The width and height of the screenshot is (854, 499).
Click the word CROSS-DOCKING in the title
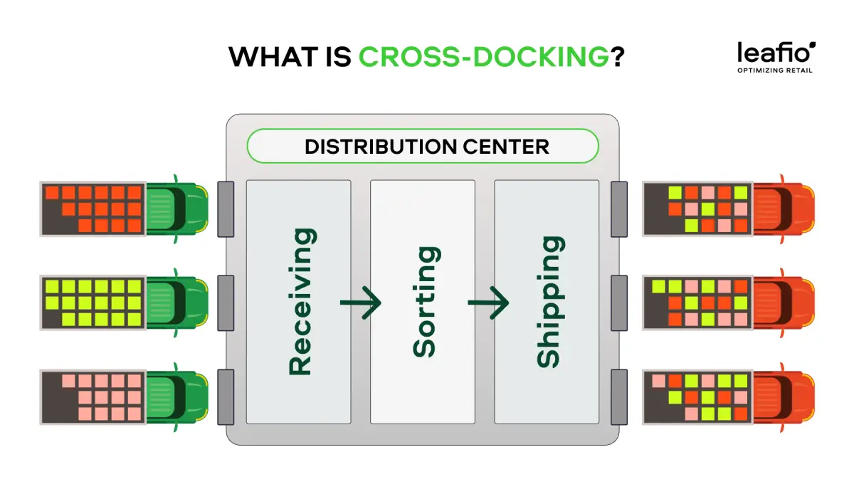pos(483,57)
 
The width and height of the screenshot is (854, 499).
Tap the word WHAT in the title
pos(273,57)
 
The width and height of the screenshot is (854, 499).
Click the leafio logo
pos(776,52)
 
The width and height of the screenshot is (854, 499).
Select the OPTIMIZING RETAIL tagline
pos(775,70)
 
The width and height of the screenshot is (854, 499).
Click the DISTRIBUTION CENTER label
pos(427,147)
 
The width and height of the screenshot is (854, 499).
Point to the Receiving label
pos(302,302)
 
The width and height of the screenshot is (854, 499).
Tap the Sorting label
pos(426,302)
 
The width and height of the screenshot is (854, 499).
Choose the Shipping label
pos(551,302)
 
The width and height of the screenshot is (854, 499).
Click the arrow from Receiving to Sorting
pos(361,303)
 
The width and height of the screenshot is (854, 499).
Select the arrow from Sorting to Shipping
pos(488,303)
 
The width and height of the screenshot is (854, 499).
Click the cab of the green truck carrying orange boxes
pos(177,209)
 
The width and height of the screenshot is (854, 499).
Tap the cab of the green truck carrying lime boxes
pos(177,303)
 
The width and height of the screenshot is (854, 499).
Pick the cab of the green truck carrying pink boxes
pos(177,397)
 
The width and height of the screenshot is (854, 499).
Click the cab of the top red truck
pos(784,209)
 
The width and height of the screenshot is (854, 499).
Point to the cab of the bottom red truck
pos(784,397)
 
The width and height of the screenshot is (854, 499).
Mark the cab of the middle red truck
pos(784,303)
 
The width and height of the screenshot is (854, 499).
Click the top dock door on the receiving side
pos(226,209)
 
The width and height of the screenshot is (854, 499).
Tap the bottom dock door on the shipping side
pos(619,397)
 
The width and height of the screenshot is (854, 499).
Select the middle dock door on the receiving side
pos(226,303)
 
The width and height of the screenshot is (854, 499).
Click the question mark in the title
pos(617,57)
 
